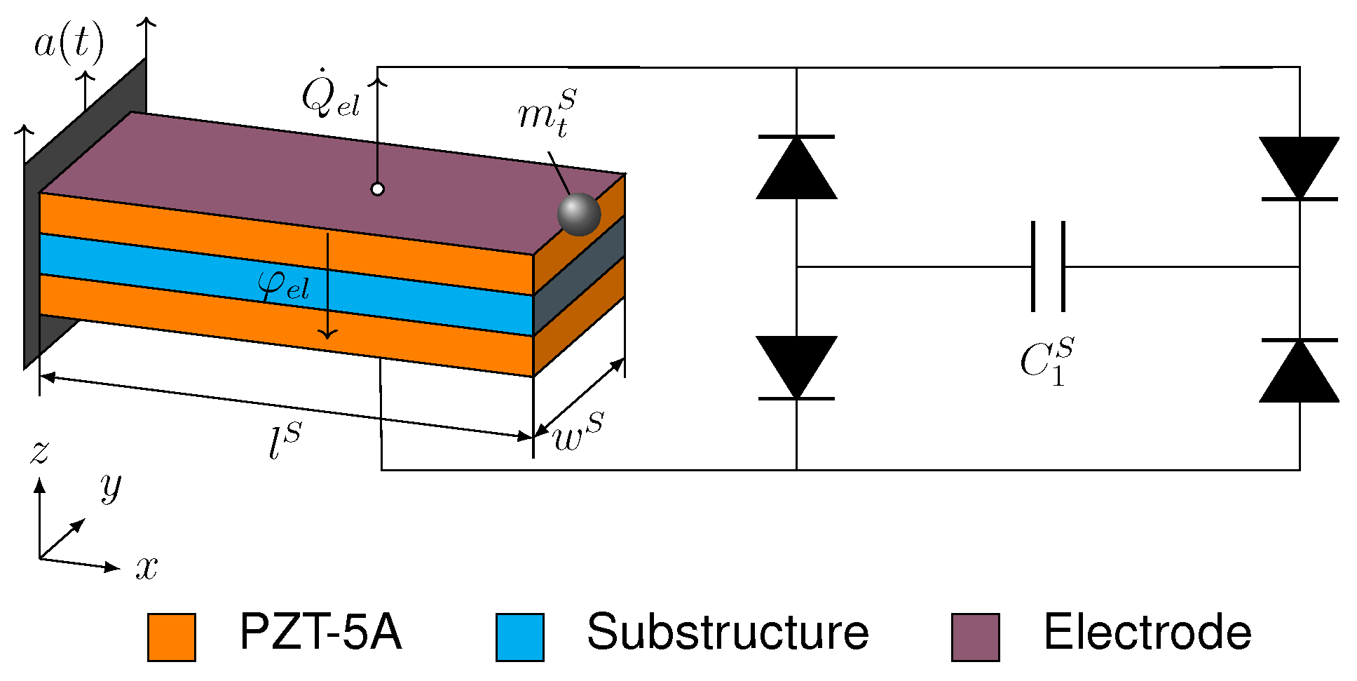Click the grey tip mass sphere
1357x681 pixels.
tap(579, 215)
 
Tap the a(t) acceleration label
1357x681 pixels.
tap(69, 43)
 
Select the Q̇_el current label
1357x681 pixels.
tap(330, 96)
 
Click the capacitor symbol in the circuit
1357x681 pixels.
tap(1048, 267)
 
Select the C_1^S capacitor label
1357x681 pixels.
tap(1046, 362)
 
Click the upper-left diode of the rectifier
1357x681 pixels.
tap(796, 168)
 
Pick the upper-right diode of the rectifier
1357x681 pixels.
tap(1300, 168)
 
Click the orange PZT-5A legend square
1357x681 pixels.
tap(172, 637)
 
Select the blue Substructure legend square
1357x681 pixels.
tap(519, 637)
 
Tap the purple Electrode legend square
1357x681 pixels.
tap(975, 637)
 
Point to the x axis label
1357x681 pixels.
tap(146, 567)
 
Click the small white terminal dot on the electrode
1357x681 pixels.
tap(377, 189)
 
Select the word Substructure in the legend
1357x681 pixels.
tap(728, 633)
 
